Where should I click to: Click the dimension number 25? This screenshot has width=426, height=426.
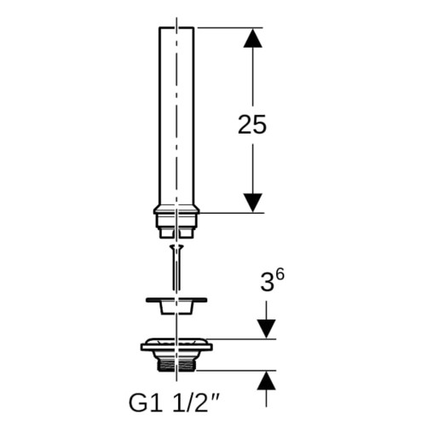coord(252,124)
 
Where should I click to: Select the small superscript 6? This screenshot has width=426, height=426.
coord(279,275)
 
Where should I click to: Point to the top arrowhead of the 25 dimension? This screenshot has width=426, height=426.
coord(252,37)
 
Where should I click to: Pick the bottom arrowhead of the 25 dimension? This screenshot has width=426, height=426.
coord(252,203)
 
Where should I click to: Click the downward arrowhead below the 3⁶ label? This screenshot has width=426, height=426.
coord(266,329)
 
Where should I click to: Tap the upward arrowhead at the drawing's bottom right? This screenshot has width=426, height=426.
coord(266,380)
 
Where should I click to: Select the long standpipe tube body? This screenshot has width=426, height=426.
coord(176,116)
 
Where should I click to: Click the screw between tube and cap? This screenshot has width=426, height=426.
coord(176,267)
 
